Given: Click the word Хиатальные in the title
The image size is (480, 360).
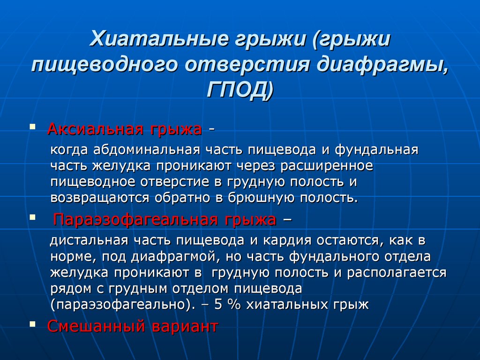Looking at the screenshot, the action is coord(159,39).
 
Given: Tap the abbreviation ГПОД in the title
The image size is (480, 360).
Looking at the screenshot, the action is coord(236,90).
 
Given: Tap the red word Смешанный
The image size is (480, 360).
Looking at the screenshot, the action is coord(96,326).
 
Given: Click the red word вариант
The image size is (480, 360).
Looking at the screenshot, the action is coord(185,326).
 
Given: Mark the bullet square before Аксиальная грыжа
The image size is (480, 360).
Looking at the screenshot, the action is coord(32,127).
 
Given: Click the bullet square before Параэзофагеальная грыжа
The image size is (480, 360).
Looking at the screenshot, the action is coord(32,217).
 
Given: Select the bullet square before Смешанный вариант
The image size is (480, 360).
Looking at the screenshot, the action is coord(32,323).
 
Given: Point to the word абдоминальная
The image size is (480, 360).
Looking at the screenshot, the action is coord(147,150).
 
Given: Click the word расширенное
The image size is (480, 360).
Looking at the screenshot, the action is coord(327,166).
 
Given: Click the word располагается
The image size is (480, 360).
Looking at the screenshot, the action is coord(397,272).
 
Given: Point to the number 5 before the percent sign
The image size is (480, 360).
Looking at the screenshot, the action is coord(218,305).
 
